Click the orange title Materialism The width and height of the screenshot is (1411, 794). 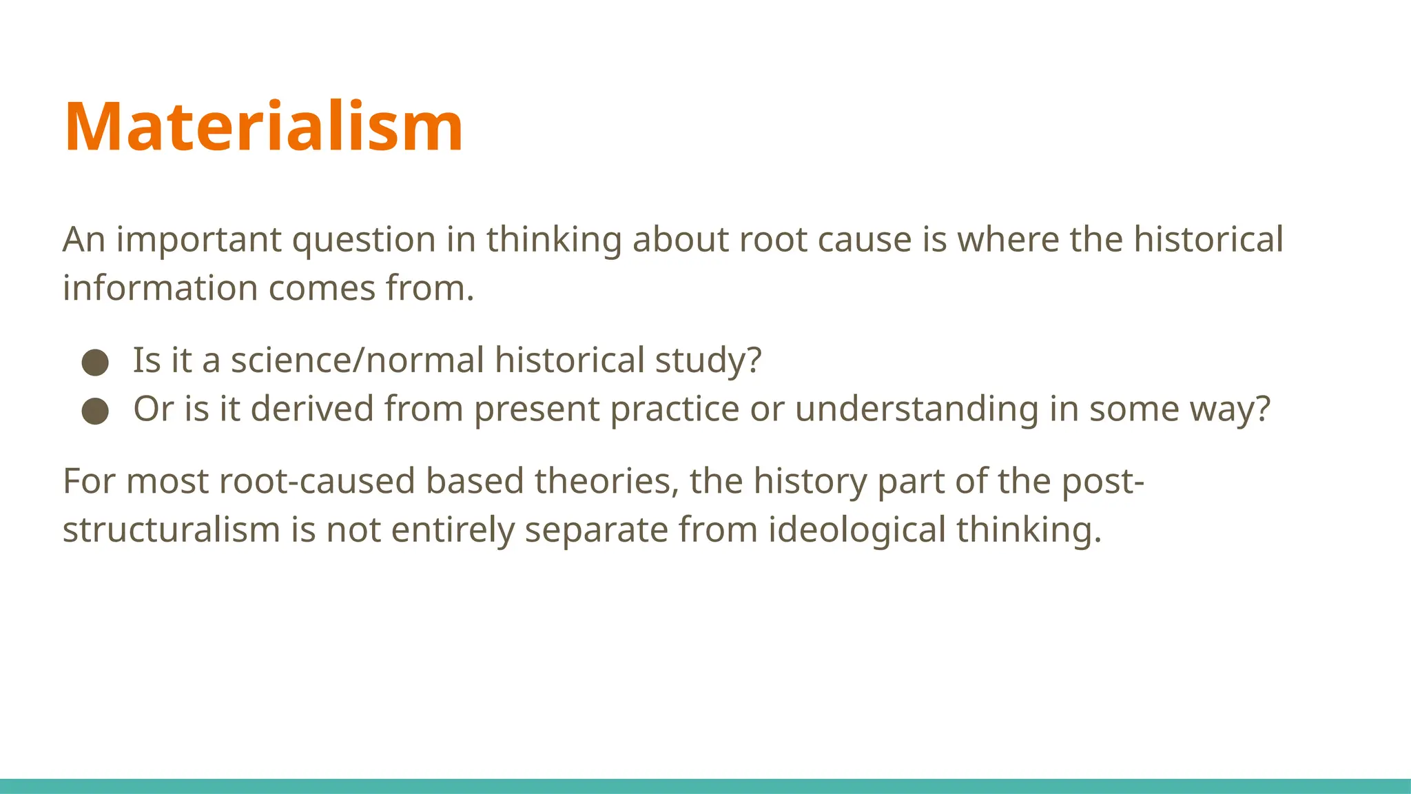(263, 127)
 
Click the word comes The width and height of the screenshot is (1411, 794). (322, 288)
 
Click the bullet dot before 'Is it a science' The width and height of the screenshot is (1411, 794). (95, 362)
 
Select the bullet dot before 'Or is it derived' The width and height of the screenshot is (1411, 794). (95, 411)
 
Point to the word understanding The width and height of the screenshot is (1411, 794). (917, 409)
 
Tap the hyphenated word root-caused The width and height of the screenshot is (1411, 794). (317, 481)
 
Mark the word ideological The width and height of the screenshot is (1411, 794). (857, 530)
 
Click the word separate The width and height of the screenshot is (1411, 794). (596, 530)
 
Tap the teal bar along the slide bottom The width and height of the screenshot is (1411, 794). (705, 786)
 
